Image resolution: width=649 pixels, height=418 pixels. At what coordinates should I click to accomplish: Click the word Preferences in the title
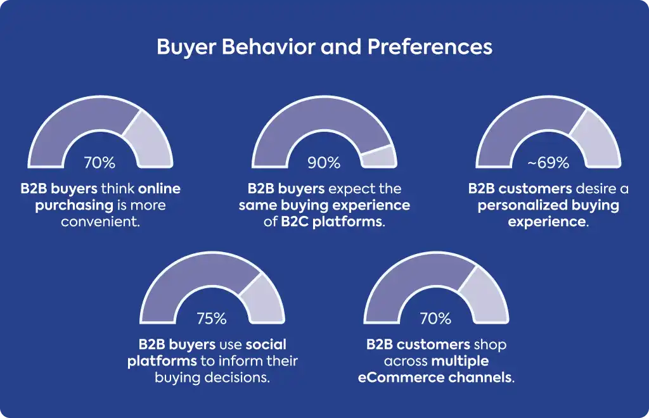pos(430,46)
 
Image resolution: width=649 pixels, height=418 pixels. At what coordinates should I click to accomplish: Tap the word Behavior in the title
pos(269,46)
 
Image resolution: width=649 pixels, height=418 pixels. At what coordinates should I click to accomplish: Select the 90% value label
pos(324,163)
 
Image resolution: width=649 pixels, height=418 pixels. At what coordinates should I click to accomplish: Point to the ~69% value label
pos(548,163)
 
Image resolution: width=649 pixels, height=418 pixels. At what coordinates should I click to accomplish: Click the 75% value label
pos(212,319)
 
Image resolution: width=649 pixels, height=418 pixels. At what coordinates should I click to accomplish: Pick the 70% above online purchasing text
pos(100,163)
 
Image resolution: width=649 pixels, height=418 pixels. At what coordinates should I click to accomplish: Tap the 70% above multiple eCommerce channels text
pos(435,319)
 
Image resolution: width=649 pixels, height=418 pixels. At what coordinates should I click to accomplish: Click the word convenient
pos(100,222)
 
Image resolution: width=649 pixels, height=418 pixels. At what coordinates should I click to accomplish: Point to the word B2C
pos(295,222)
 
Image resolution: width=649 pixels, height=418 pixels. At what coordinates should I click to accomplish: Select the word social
pos(266,345)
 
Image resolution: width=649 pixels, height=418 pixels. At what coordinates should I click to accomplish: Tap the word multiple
pos(459,361)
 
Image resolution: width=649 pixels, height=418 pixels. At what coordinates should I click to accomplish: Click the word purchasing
pos(74,205)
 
